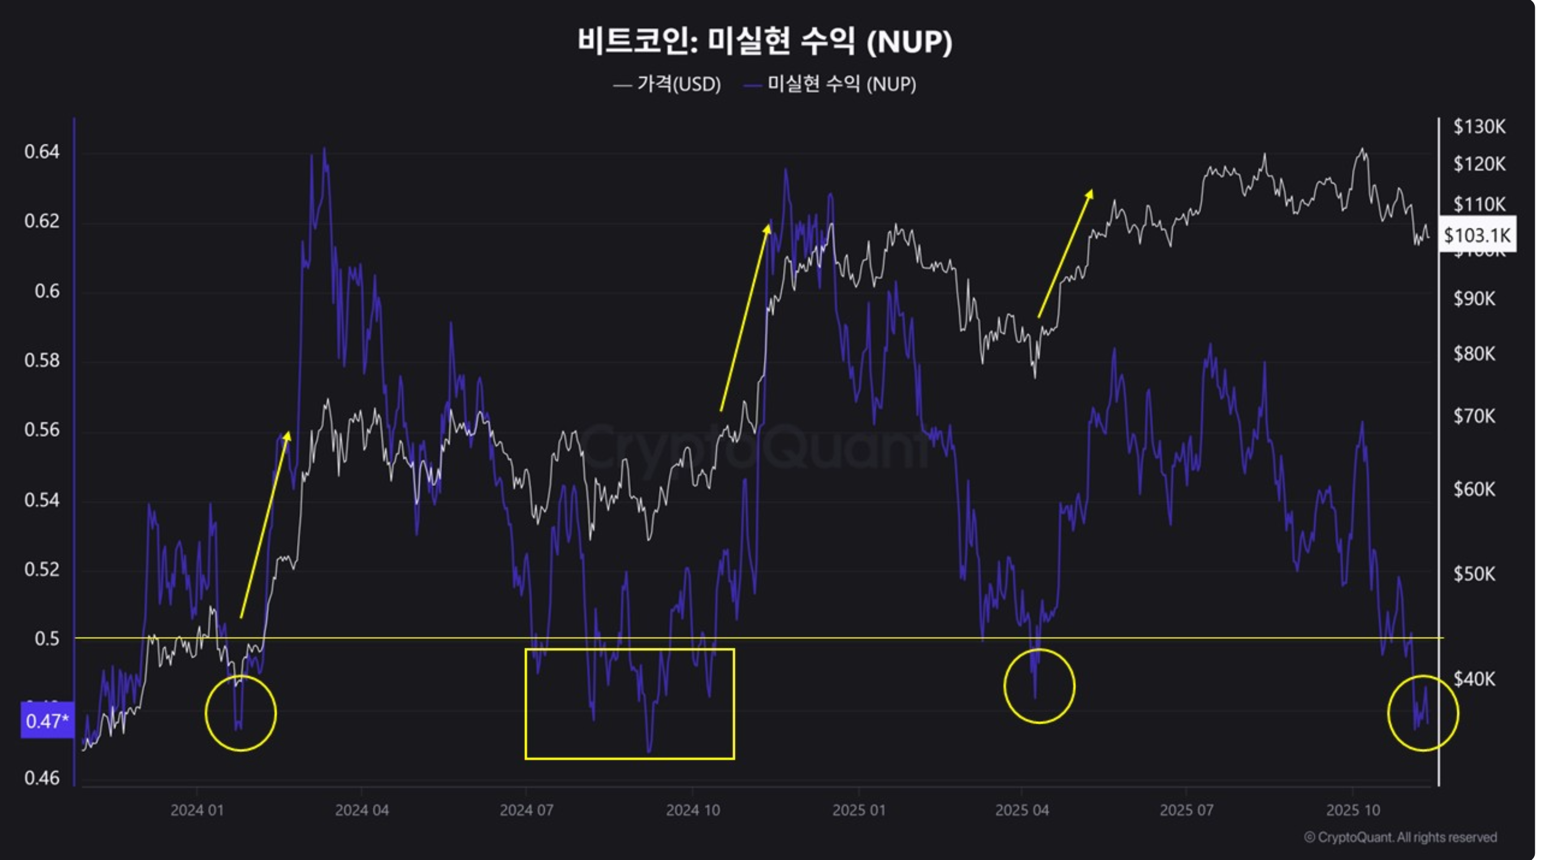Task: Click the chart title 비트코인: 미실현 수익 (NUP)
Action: [x=764, y=41]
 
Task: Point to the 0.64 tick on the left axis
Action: [x=42, y=152]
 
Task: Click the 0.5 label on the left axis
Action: [x=46, y=639]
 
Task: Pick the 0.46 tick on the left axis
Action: [x=42, y=778]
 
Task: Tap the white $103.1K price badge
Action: [x=1477, y=235]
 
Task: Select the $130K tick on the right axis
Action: [x=1479, y=126]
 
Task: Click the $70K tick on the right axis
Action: [x=1474, y=415]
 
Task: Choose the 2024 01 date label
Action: [x=197, y=810]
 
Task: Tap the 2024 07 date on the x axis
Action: [x=527, y=810]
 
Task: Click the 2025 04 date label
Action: [x=1022, y=810]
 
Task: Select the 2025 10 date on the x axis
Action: [x=1353, y=810]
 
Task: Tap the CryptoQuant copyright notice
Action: [x=1400, y=837]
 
